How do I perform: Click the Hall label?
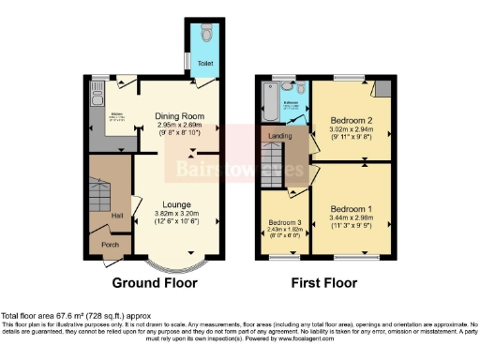[x=118, y=216]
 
